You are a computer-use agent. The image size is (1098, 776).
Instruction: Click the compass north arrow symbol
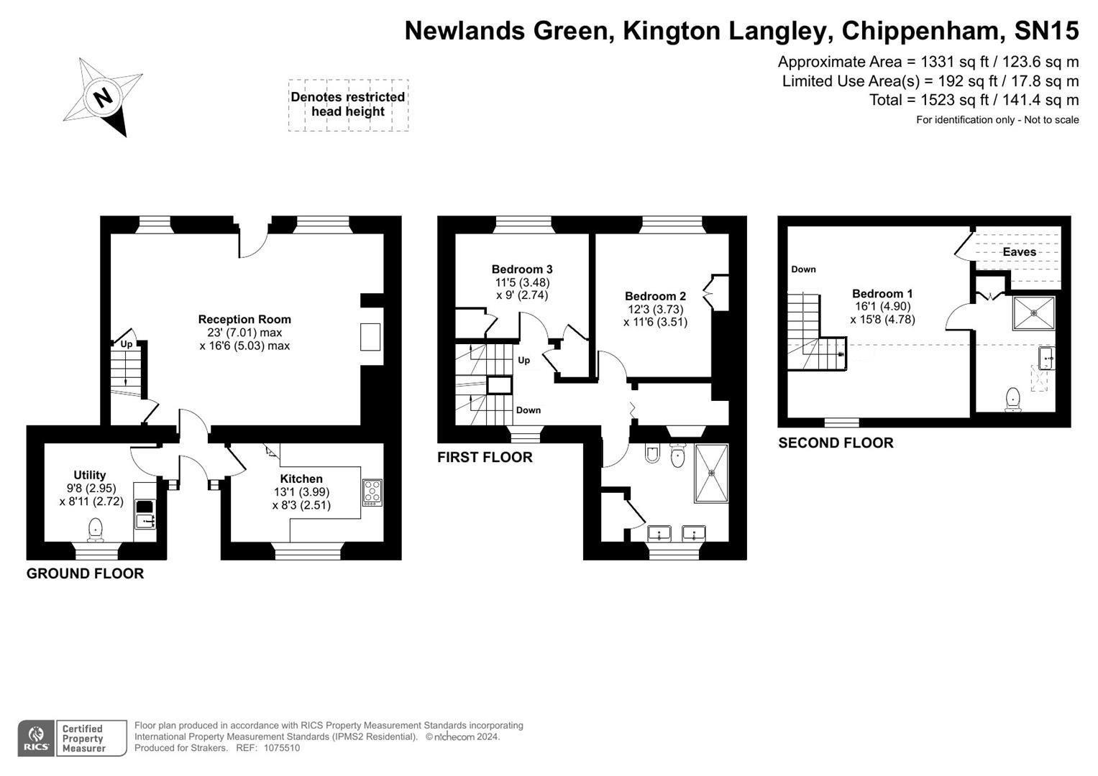pyautogui.click(x=103, y=97)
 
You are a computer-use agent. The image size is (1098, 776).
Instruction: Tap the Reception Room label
pyautogui.click(x=244, y=320)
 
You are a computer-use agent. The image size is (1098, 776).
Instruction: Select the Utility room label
pyautogui.click(x=90, y=475)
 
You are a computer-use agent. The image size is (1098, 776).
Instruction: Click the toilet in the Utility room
pyautogui.click(x=96, y=530)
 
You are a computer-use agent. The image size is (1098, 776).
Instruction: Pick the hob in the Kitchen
pyautogui.click(x=372, y=491)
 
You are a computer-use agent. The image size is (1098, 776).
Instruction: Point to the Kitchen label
pyautogui.click(x=301, y=479)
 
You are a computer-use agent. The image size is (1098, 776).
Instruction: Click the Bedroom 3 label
pyautogui.click(x=522, y=269)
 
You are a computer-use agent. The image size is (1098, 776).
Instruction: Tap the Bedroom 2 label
pyautogui.click(x=655, y=296)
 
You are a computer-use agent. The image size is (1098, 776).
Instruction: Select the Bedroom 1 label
pyautogui.click(x=882, y=293)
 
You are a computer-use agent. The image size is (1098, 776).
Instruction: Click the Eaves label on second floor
pyautogui.click(x=1019, y=252)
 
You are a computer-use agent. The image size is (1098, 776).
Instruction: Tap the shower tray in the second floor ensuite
pyautogui.click(x=1034, y=313)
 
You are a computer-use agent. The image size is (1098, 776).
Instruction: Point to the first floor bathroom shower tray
pyautogui.click(x=711, y=473)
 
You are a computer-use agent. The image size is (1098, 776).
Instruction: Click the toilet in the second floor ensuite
pyautogui.click(x=1013, y=399)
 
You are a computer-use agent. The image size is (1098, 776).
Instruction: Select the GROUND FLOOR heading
pyautogui.click(x=85, y=573)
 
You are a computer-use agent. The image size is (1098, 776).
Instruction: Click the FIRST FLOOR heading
pyautogui.click(x=485, y=457)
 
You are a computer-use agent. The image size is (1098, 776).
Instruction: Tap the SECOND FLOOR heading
pyautogui.click(x=836, y=443)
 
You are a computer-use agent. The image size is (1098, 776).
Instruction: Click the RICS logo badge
pyautogui.click(x=35, y=738)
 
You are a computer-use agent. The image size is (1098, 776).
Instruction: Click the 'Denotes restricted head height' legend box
pyautogui.click(x=348, y=105)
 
